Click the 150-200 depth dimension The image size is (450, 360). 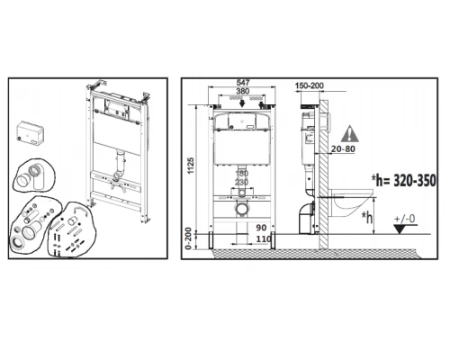(311, 85)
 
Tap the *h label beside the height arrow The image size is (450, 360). (366, 216)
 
